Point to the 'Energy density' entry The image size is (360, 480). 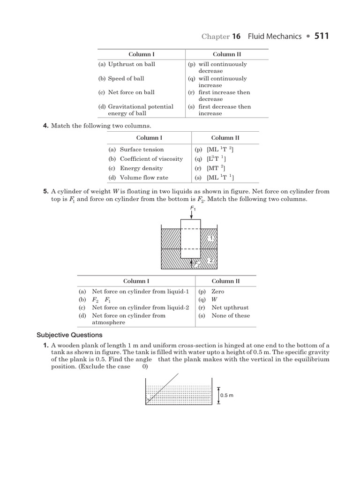141,168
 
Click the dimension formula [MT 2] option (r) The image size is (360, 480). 214,168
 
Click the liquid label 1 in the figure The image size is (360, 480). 211,238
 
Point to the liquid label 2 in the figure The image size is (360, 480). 211,260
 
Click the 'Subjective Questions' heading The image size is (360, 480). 69,335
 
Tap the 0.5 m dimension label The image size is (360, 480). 227,395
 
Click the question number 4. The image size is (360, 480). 46,126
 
